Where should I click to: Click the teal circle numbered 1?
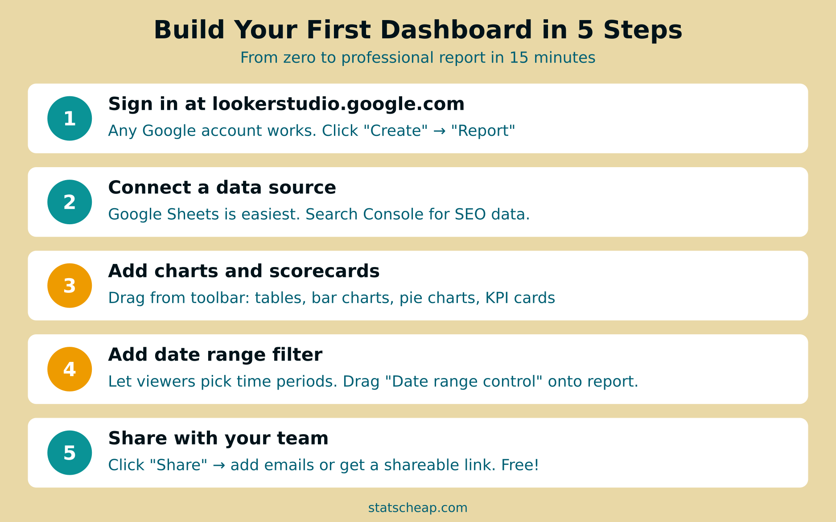(x=70, y=119)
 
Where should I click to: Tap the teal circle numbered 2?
(x=70, y=202)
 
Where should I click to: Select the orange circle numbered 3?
(x=70, y=286)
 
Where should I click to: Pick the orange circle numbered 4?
(x=70, y=369)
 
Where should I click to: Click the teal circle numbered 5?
(x=70, y=453)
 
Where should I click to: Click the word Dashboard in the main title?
(x=456, y=30)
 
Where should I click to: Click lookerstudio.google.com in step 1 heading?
(x=338, y=104)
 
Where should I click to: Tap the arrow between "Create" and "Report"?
(x=439, y=131)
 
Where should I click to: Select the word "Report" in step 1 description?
(x=483, y=131)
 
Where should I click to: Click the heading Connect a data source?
(x=222, y=188)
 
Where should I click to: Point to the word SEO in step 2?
(x=470, y=214)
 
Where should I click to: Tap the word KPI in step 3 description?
(x=497, y=298)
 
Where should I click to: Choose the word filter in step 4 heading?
(x=297, y=355)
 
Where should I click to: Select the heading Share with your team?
(x=218, y=439)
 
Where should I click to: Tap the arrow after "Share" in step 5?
(x=218, y=465)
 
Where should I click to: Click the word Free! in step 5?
(x=520, y=465)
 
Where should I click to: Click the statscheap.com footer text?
(x=418, y=508)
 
